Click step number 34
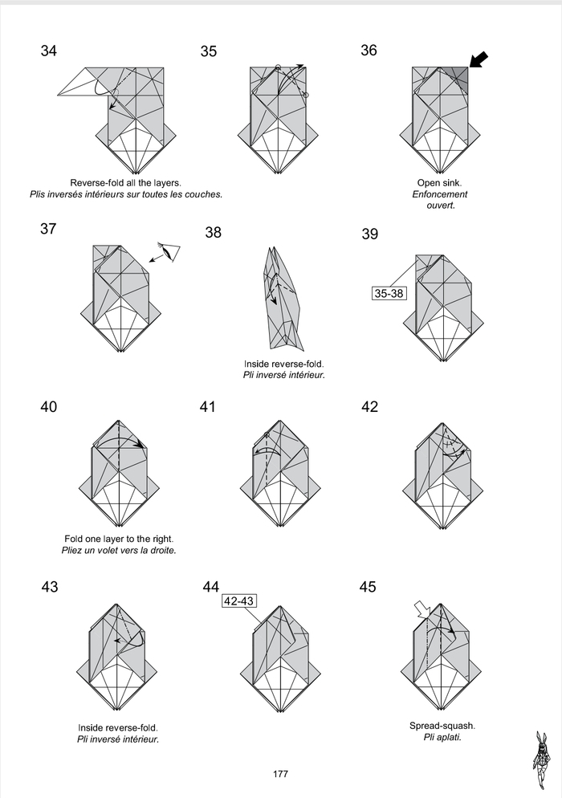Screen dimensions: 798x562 (48, 51)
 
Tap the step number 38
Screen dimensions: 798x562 (214, 233)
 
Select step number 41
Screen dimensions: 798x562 (208, 407)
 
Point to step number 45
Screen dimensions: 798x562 (368, 587)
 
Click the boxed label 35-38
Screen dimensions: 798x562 (389, 294)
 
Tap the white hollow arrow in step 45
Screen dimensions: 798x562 (421, 610)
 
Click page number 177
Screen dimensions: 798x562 (280, 774)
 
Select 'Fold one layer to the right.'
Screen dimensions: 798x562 (118, 539)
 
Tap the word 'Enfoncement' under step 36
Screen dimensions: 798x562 (440, 194)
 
